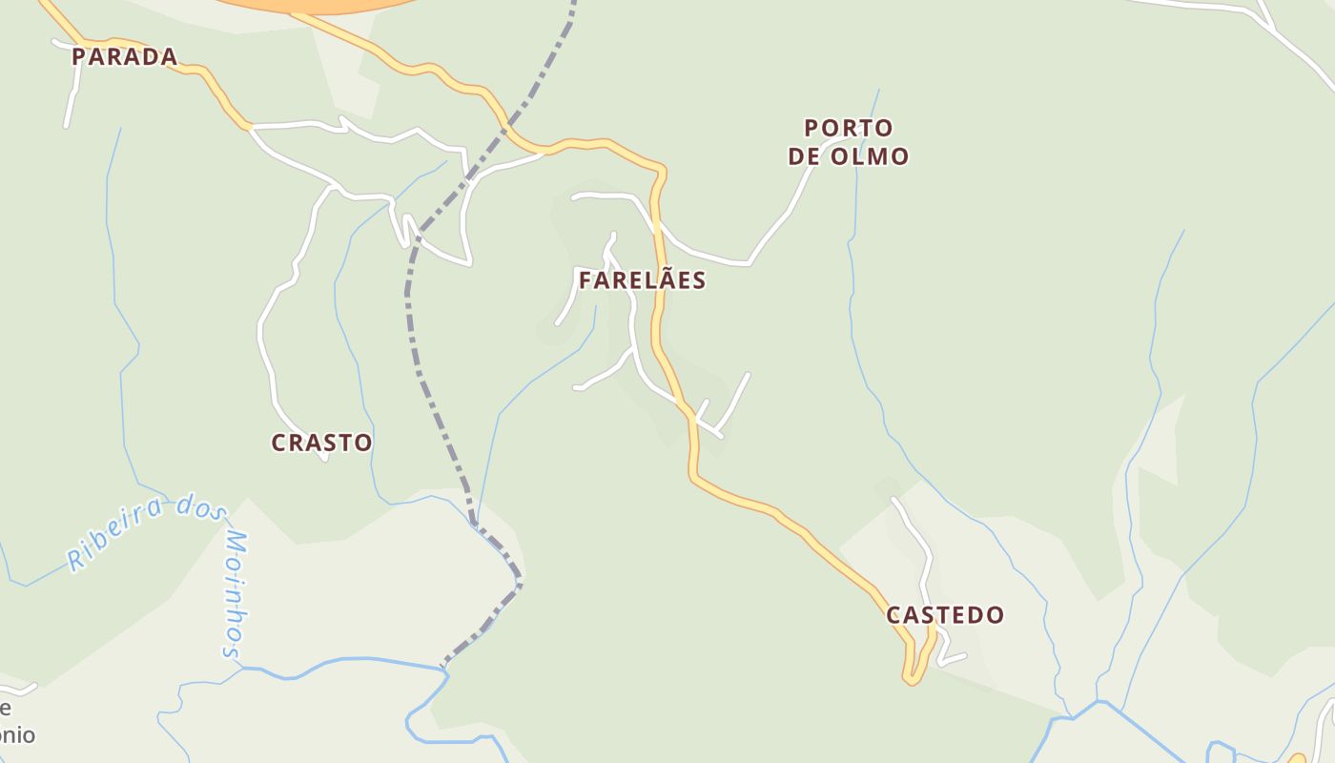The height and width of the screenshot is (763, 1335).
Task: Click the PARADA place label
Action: pyautogui.click(x=125, y=57)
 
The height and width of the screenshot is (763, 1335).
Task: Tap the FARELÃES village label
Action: pyautogui.click(x=642, y=280)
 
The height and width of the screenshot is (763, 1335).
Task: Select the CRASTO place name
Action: pyautogui.click(x=321, y=443)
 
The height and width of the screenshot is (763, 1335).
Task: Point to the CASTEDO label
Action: pyautogui.click(x=945, y=615)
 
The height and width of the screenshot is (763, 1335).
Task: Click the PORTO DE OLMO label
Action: pyautogui.click(x=849, y=142)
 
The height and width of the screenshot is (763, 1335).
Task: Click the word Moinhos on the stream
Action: pyautogui.click(x=236, y=596)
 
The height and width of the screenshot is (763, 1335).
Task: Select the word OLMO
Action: pyautogui.click(x=869, y=156)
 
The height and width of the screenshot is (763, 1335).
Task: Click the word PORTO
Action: pyautogui.click(x=849, y=128)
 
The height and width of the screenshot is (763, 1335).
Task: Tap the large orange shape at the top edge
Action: pyautogui.click(x=315, y=6)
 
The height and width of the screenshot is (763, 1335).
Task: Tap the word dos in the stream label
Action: pyautogui.click(x=199, y=506)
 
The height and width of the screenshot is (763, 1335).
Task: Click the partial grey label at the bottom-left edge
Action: pyautogui.click(x=16, y=722)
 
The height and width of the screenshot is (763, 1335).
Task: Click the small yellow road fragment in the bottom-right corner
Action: pyautogui.click(x=1297, y=758)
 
